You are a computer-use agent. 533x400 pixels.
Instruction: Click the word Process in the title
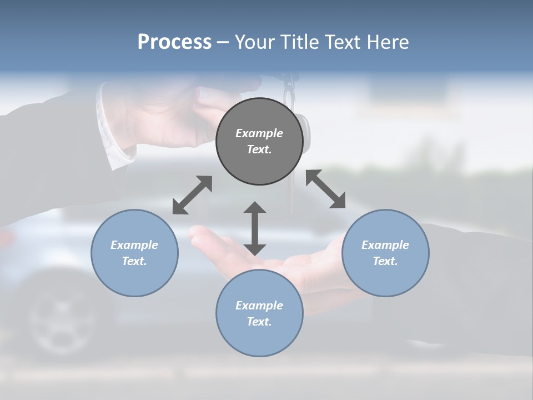174,42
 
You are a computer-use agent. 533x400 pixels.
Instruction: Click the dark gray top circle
259,142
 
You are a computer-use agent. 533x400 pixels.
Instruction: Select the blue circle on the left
134,253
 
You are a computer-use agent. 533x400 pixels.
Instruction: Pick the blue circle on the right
385,253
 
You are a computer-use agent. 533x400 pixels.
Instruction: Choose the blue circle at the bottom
259,313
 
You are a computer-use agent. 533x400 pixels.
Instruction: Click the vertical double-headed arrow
255,228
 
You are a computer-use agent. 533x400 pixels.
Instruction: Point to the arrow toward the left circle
192,195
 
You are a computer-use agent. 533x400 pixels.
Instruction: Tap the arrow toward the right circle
326,189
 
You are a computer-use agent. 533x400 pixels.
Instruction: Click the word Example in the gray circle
259,133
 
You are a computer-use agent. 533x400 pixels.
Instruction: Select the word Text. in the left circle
134,261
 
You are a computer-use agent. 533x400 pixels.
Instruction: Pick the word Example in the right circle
385,245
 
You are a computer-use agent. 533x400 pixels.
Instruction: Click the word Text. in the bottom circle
259,322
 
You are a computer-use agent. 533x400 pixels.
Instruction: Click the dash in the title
223,42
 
